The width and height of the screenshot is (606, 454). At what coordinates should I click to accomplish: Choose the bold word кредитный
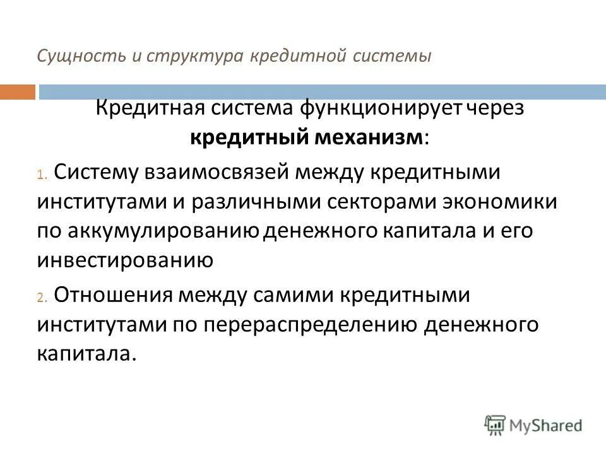click(x=249, y=138)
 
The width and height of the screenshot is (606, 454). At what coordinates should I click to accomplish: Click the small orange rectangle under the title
click(x=18, y=91)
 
